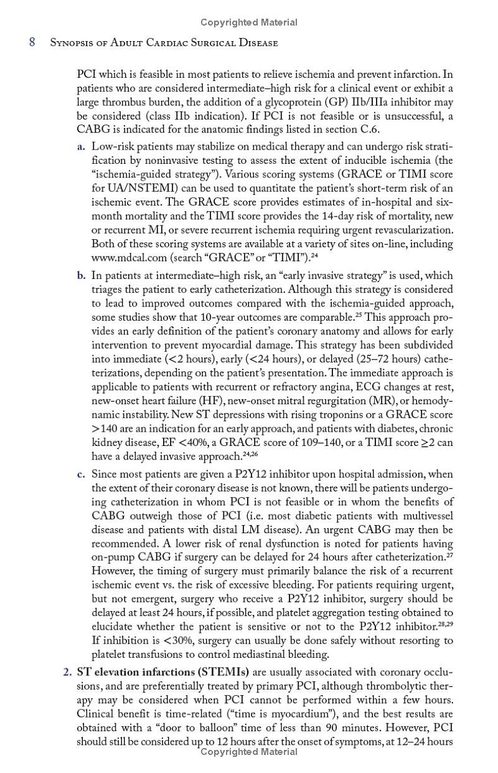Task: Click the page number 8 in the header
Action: click(32, 43)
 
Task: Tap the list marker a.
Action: click(81, 147)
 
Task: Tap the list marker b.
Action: click(82, 275)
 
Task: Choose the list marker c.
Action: click(81, 474)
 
